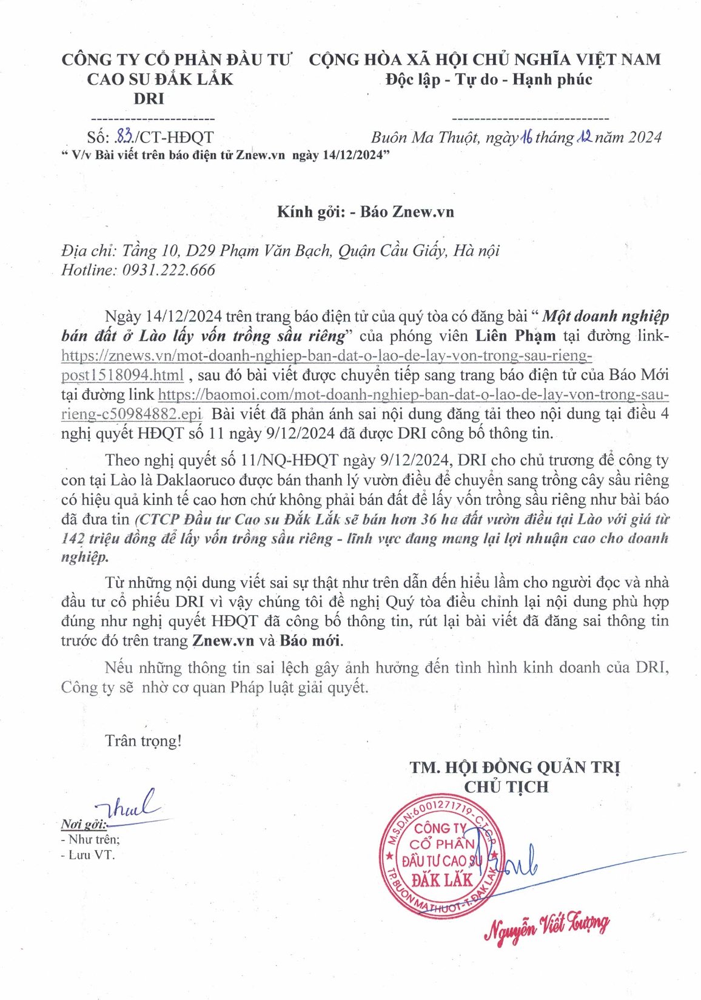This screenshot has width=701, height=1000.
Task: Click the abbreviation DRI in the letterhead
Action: pyautogui.click(x=149, y=98)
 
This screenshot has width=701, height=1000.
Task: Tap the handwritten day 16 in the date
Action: pyautogui.click(x=526, y=138)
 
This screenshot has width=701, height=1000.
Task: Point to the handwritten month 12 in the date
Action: pyautogui.click(x=585, y=138)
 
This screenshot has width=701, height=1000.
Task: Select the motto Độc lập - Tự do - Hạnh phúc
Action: pyautogui.click(x=489, y=79)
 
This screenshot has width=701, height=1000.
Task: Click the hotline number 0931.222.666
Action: pyautogui.click(x=169, y=270)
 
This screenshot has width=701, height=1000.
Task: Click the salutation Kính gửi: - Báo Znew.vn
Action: pyautogui.click(x=365, y=212)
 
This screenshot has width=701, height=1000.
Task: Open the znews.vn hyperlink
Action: pyautogui.click(x=327, y=356)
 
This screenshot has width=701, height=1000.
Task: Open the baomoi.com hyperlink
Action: pyautogui.click(x=412, y=395)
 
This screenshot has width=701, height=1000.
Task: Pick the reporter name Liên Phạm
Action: pyautogui.click(x=515, y=336)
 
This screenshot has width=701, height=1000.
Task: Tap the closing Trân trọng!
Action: pyautogui.click(x=143, y=741)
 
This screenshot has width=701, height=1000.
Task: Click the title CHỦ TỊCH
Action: pyautogui.click(x=506, y=787)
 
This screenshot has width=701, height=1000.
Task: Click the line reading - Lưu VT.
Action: pyautogui.click(x=88, y=855)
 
